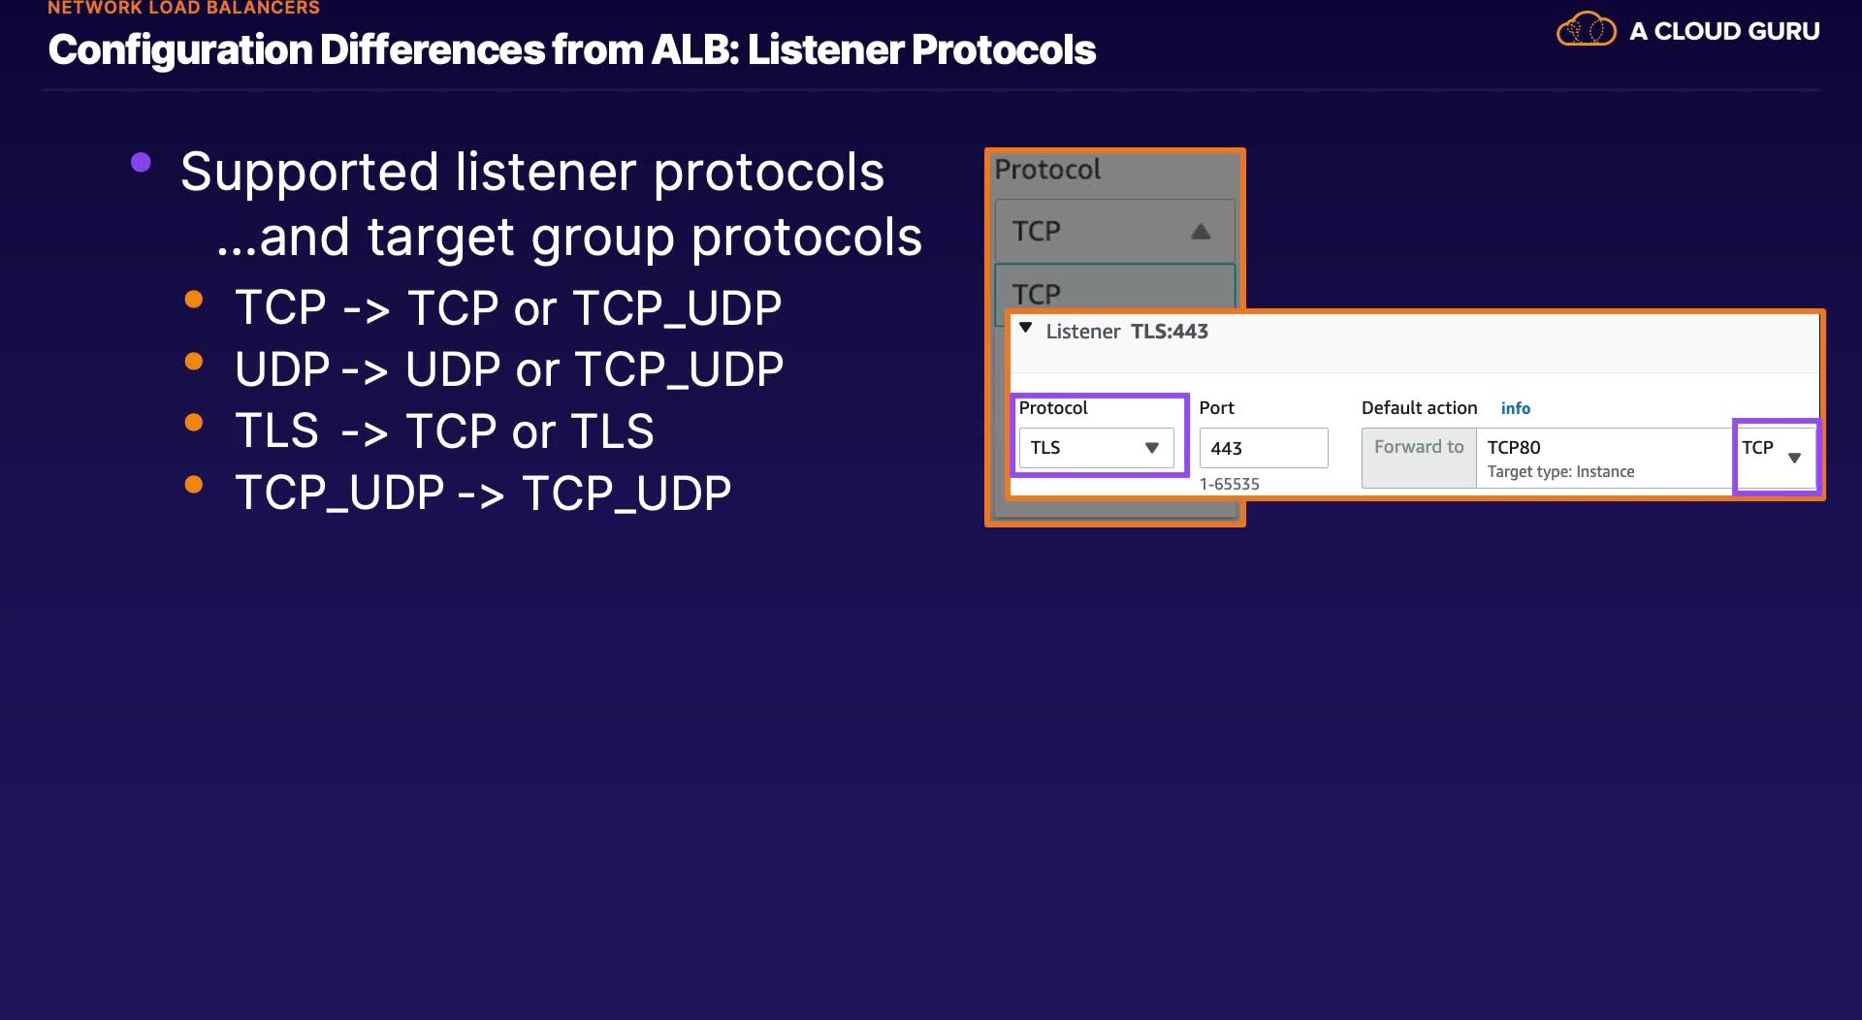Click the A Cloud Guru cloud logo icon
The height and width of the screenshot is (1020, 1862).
1586,29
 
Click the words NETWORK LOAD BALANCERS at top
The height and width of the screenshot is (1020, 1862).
183,8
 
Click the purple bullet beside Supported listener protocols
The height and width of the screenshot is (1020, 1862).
141,163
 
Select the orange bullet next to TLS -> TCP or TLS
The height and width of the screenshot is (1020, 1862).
194,423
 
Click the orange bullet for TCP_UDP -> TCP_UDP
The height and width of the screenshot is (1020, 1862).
194,485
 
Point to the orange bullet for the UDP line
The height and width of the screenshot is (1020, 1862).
194,362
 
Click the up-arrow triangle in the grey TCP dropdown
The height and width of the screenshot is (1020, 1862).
1201,232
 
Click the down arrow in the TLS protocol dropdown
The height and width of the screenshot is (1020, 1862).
1152,448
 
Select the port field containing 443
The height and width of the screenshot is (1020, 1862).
1263,448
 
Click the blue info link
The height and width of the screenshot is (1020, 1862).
1515,408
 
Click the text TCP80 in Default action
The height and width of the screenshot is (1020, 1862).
1514,447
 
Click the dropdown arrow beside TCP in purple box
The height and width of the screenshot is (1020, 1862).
1794,458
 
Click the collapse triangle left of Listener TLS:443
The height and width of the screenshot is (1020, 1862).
1025,329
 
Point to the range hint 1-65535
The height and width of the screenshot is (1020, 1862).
1229,484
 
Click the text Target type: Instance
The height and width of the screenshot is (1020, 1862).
1560,472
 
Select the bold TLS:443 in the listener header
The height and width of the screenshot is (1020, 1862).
1170,332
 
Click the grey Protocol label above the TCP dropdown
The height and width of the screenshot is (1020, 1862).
1047,170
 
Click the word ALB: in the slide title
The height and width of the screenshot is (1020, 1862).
694,50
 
